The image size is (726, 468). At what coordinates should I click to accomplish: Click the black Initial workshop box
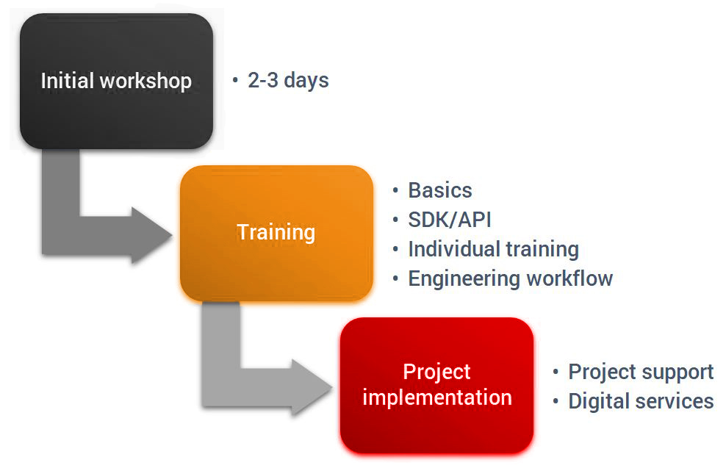116,81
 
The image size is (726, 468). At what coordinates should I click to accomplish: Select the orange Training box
276,234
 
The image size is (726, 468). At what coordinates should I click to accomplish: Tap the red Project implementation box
436,385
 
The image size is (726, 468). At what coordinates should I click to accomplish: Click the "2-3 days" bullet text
288,80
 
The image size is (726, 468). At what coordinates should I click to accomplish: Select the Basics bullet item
440,190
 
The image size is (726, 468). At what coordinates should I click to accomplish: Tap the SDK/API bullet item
449,220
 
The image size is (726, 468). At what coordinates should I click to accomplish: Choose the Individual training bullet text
493,250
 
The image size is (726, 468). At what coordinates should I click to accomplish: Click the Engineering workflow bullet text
510,279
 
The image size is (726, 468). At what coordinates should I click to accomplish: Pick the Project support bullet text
641,372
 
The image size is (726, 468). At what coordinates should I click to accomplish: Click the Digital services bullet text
641,401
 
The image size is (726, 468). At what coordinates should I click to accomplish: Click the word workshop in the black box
145,81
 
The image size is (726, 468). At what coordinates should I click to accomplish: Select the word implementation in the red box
437,398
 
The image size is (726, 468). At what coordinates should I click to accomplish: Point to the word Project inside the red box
436,372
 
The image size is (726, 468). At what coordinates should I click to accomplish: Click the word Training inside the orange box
276,232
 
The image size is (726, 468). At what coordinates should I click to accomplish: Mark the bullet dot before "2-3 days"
235,80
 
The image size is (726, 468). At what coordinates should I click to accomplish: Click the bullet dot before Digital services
556,401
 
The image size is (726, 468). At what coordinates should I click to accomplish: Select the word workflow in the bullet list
569,278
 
